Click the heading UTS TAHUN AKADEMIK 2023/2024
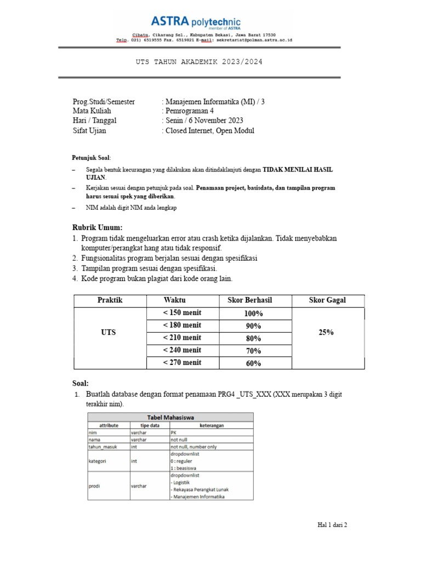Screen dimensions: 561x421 tap(199, 62)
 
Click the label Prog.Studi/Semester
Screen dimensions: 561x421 tap(104, 102)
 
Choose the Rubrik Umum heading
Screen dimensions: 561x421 tap(98, 228)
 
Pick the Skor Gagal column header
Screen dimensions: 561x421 tap(328, 300)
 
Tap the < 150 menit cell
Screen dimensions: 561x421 tap(183, 313)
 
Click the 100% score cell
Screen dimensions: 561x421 tap(253, 313)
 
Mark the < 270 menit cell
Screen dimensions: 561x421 tap(183, 363)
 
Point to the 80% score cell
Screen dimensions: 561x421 tap(253, 338)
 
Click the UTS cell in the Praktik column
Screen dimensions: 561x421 tap(109, 333)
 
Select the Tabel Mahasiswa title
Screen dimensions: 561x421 tap(170, 417)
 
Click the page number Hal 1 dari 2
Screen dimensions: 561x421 tap(333, 525)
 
